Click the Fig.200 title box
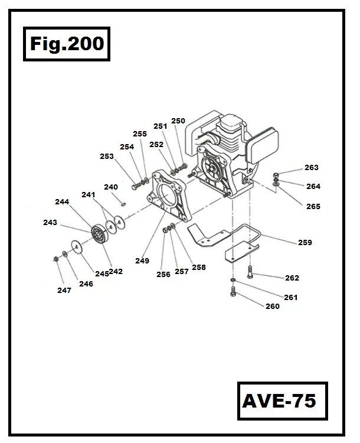point(66,44)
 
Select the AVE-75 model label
point(279,401)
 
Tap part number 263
point(312,168)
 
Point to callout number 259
point(305,242)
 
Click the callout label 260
point(273,306)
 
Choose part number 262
point(292,278)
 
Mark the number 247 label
point(64,290)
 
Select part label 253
point(106,157)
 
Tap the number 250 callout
point(178,121)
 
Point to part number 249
point(142,260)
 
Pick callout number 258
point(199,267)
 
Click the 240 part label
point(111,187)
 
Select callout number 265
point(313,206)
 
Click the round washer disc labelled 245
point(76,246)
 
